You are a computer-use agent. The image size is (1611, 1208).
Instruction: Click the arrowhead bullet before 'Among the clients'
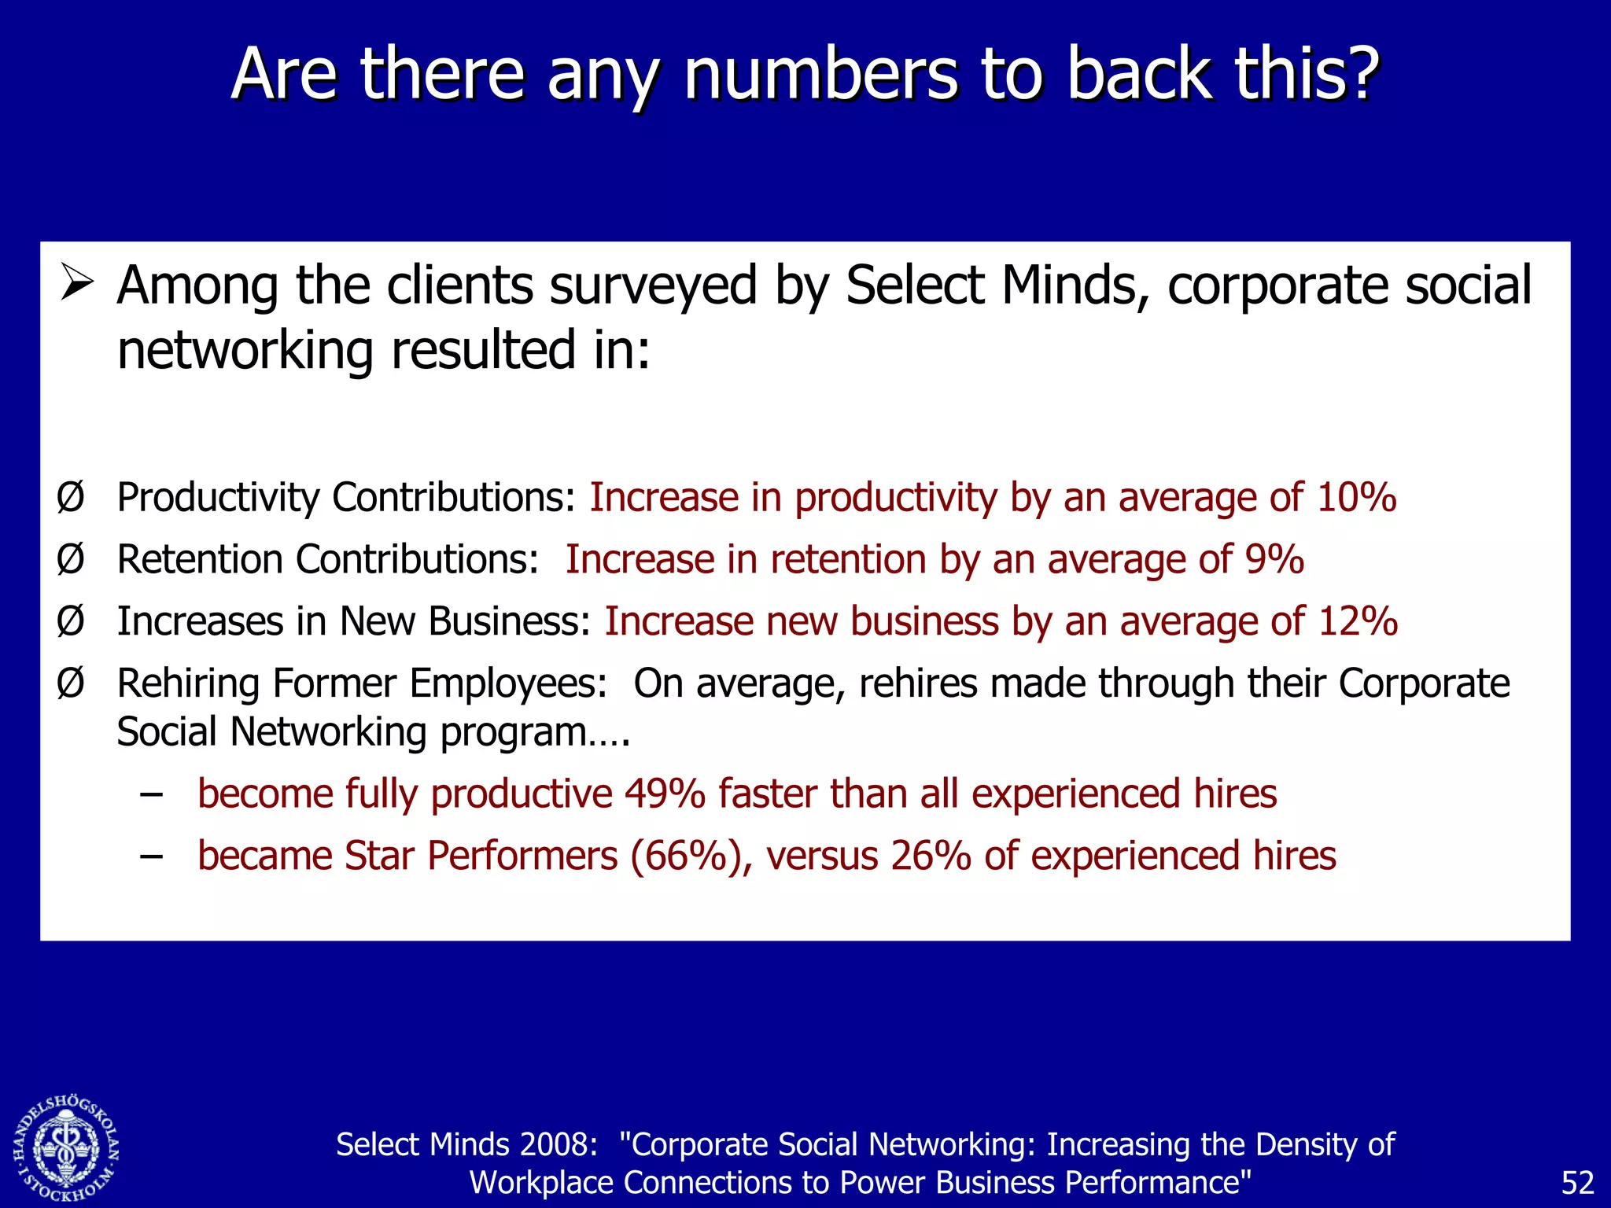(x=76, y=284)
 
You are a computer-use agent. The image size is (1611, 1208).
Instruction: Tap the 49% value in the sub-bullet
(x=665, y=794)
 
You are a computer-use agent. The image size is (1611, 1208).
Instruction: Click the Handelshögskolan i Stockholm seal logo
(x=66, y=1149)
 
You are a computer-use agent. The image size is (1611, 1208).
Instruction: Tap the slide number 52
(x=1576, y=1183)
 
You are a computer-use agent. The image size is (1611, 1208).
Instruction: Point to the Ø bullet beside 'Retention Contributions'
(x=70, y=559)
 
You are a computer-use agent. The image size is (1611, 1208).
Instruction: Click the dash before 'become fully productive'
(x=151, y=794)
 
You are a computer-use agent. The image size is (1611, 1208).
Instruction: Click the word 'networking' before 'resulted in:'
(x=245, y=351)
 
